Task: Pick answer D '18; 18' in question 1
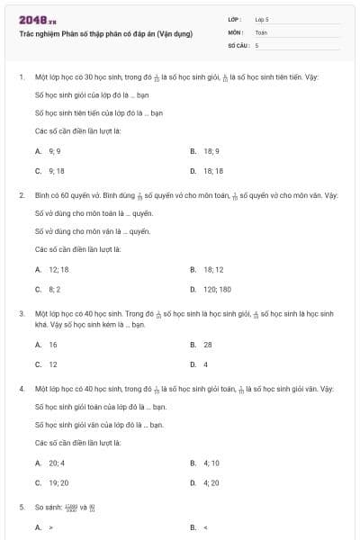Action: (213, 170)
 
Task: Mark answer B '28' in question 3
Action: (207, 345)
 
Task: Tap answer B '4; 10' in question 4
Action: (211, 463)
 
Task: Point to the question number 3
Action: (21, 313)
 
